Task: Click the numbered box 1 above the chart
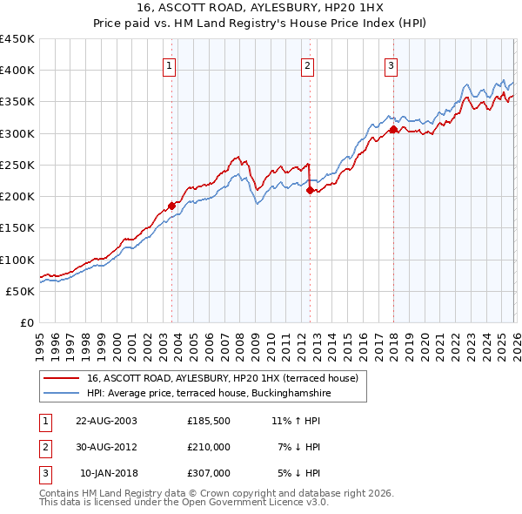168,64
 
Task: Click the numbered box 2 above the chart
307,64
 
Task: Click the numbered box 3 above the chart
391,64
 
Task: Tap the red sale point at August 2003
171,206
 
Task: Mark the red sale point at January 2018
393,129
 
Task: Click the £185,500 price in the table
209,420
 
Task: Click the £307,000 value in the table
209,473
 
